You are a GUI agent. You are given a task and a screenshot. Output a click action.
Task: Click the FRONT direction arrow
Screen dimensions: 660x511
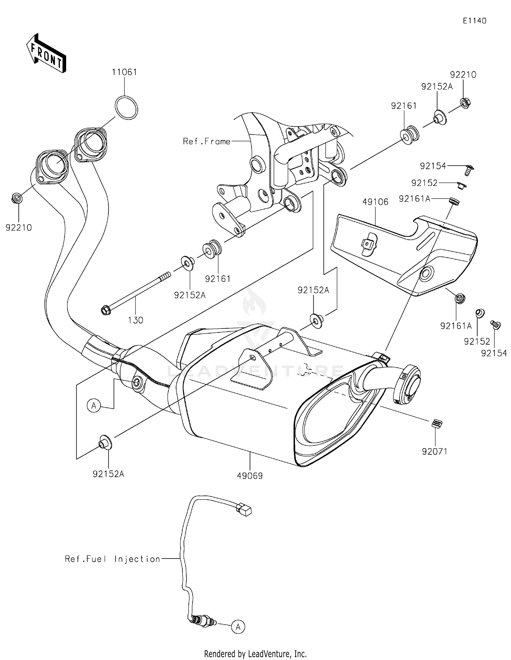coord(46,53)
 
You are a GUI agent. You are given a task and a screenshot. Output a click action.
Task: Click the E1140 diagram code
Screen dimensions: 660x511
coord(474,21)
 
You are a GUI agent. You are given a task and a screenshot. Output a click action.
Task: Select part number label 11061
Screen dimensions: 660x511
coord(124,72)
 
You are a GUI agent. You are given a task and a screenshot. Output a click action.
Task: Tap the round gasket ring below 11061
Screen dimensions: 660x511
coord(126,108)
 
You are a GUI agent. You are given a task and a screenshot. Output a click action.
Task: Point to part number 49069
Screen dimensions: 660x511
coord(250,476)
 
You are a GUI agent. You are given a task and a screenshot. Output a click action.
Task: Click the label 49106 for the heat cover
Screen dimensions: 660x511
coord(375,202)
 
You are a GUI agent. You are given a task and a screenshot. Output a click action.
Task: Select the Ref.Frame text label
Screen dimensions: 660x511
coord(206,141)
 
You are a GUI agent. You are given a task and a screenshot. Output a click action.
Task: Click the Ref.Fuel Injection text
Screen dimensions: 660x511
coord(112,559)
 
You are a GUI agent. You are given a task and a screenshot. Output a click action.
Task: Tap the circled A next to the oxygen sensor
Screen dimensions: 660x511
coord(238,626)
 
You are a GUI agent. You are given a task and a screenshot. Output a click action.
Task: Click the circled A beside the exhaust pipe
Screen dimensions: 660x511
coord(94,406)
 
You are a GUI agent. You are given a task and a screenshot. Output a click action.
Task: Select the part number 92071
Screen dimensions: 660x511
coord(434,451)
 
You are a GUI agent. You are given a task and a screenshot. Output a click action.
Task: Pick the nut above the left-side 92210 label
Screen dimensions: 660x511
coord(17,198)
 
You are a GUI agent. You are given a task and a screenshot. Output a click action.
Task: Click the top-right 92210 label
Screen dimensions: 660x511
coord(463,75)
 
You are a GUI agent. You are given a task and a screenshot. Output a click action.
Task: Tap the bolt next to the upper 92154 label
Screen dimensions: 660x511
coord(469,169)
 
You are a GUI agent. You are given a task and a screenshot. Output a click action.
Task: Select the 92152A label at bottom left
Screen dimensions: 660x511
coord(108,474)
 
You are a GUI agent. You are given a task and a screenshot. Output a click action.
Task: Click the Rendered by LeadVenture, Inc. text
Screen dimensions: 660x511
coord(255,654)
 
